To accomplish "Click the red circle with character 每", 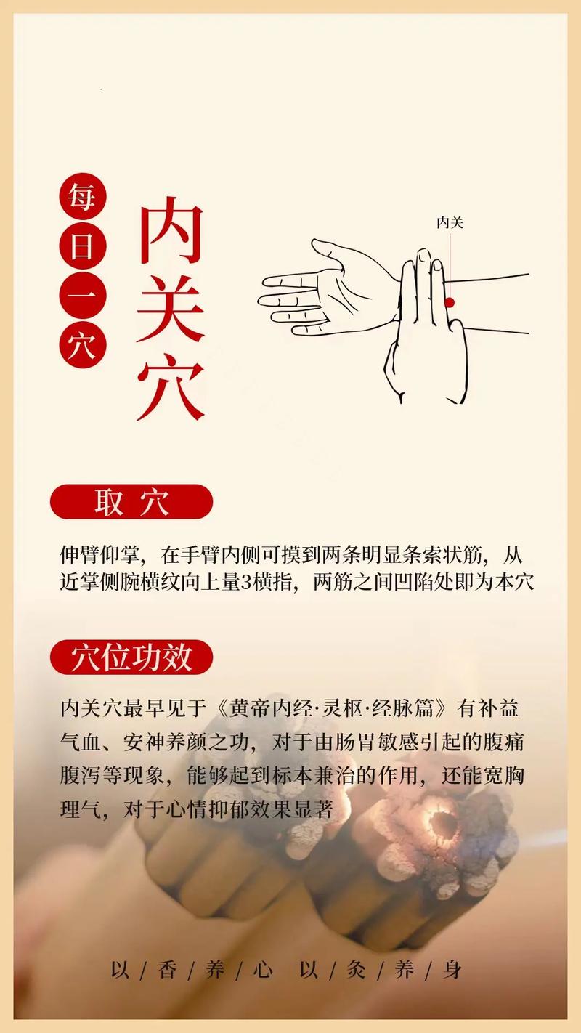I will (83, 197).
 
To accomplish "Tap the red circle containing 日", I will (83, 247).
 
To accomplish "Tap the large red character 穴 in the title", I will (170, 386).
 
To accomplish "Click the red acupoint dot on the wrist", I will (450, 302).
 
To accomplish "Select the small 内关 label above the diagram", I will (450, 222).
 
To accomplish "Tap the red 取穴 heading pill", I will (131, 502).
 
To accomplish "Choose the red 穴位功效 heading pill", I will (131, 657).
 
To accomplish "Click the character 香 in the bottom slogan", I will (167, 970).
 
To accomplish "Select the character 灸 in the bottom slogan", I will (355, 970).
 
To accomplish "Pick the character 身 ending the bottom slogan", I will (453, 970).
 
